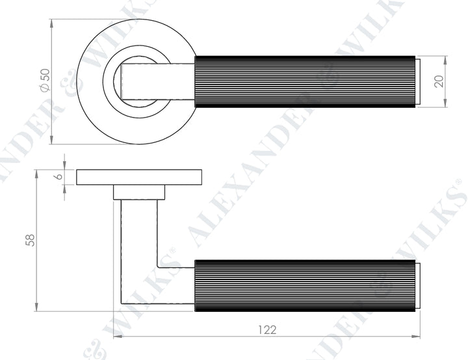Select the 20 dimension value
pos(439,81)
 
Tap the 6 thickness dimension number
pos(58,177)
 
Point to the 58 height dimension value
pos(29,240)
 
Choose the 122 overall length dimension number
pos(266,329)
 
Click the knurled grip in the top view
pos(305,81)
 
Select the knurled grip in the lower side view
pos(305,285)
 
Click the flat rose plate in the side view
pos(139,177)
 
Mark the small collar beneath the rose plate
pos(139,192)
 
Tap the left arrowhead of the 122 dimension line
pos(117,337)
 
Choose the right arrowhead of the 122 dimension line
pos(419,337)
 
